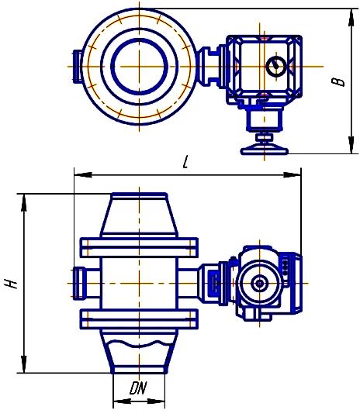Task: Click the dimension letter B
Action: [x=338, y=81]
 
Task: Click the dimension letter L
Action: [x=185, y=162]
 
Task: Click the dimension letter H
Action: [x=12, y=284]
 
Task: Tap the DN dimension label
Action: [x=138, y=388]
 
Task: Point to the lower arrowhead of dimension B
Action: [x=351, y=145]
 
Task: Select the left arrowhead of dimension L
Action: [x=83, y=175]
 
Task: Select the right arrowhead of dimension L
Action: [x=292, y=175]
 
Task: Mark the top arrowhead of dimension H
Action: [x=24, y=202]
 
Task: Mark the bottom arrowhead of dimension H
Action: [x=24, y=364]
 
